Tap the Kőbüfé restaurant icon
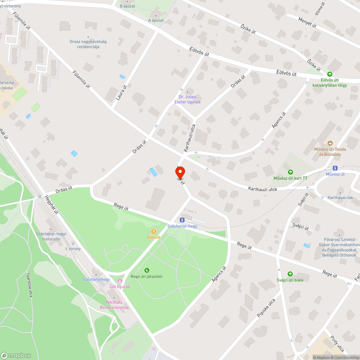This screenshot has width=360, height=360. (x=154, y=231)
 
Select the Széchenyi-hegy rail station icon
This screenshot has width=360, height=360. (x=183, y=220)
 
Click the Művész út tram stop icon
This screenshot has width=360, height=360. (x=335, y=168)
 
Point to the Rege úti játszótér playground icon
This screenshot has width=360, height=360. (x=147, y=270)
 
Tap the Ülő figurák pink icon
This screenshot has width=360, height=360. (x=120, y=280)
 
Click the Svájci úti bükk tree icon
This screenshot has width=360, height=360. (x=290, y=274)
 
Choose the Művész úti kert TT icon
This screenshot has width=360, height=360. (x=290, y=172)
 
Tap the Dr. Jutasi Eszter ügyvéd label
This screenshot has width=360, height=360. (x=187, y=99)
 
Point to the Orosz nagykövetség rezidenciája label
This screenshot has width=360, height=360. (x=88, y=44)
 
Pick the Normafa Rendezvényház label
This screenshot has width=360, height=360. (x=114, y=305)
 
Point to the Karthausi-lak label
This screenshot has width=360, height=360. (x=339, y=198)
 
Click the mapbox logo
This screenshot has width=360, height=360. (x=16, y=355)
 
